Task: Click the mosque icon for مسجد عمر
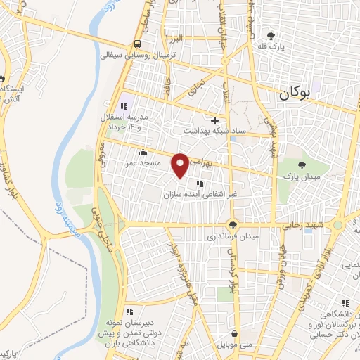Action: (x=143, y=153)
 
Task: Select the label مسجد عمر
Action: (x=143, y=163)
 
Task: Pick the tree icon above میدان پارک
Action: (x=302, y=165)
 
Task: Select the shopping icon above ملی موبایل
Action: (x=233, y=334)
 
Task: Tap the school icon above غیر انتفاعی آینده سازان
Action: (x=189, y=184)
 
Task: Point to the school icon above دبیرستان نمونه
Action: (x=129, y=311)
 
